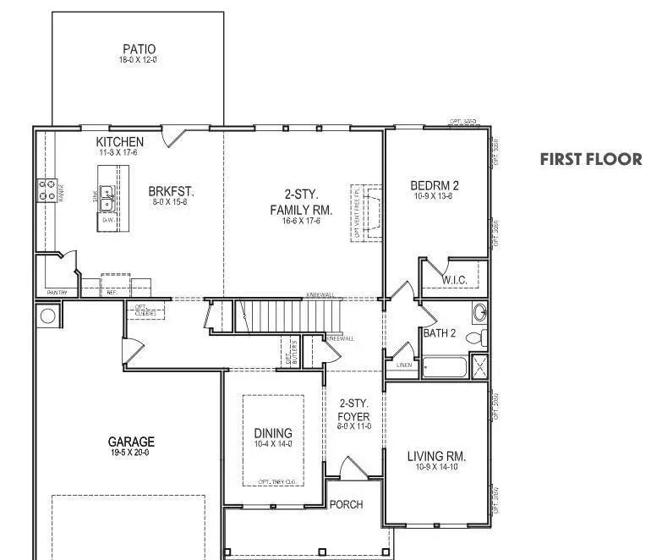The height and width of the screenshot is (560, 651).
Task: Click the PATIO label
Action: pos(139,49)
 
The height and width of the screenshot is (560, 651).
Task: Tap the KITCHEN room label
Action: pos(119,141)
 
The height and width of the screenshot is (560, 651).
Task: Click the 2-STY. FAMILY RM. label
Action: pos(300,202)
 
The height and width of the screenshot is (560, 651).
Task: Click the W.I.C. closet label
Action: pos(455,280)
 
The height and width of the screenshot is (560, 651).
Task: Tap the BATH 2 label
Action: pos(440,333)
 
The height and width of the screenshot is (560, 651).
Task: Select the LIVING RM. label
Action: pos(436,457)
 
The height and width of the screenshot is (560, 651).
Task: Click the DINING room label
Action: pos(273,433)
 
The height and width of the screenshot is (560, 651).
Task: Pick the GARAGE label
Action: pos(131,442)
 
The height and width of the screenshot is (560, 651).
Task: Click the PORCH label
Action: pos(346,504)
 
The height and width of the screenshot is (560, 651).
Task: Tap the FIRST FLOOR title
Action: pos(590,159)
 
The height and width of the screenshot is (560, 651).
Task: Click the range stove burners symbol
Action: pos(43,191)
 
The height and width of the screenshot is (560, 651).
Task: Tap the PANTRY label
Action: pos(57,293)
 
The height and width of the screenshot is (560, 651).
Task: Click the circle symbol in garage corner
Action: pos(47,316)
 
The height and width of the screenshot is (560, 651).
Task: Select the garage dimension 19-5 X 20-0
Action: pos(131,453)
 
